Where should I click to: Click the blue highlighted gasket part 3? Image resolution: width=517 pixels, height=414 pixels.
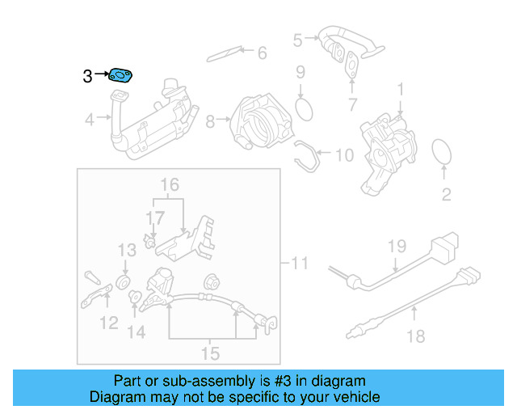120,76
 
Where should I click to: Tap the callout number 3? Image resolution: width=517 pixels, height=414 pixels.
87,77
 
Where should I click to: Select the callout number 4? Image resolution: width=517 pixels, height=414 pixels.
90,120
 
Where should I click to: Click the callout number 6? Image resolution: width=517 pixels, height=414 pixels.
261,53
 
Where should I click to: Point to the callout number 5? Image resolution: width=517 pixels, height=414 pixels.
297,39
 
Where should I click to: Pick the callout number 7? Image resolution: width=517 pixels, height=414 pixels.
352,103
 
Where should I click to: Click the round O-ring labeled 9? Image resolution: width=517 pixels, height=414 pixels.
303,107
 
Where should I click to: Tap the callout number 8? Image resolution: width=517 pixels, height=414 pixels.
210,122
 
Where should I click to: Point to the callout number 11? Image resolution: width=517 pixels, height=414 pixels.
299,263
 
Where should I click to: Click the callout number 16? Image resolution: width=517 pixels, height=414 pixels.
168,185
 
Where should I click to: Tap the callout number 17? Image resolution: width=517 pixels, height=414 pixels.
154,218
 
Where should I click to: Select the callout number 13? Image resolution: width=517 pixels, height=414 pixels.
128,251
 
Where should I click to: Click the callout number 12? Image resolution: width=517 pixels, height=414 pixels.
108,323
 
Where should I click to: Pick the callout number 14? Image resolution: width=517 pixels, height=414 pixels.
136,332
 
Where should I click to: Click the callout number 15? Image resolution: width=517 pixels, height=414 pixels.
209,353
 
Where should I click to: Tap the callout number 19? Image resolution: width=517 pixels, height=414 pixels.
395,246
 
